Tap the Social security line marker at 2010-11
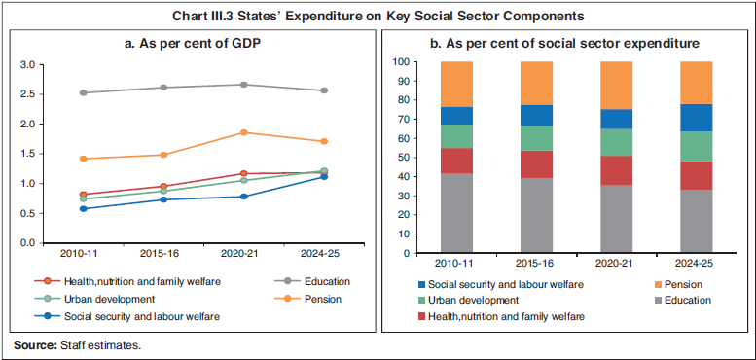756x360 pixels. pos(84,208)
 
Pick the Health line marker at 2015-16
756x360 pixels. pos(163,186)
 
